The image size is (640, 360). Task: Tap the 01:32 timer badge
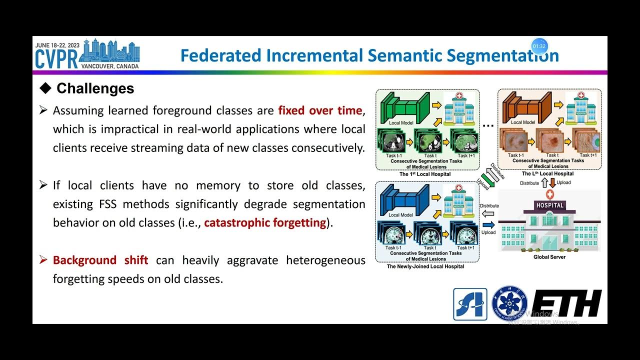(539, 46)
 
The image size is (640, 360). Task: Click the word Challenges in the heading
(95, 88)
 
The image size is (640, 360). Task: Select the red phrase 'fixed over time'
(320, 110)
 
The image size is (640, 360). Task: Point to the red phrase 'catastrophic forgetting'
(265, 222)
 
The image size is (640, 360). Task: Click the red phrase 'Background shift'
(100, 260)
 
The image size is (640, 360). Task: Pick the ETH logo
(566, 303)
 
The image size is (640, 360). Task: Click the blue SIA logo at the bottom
(470, 304)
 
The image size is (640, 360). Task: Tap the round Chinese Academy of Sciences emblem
(509, 303)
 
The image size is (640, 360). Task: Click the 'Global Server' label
(549, 257)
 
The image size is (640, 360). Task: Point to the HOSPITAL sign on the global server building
(549, 205)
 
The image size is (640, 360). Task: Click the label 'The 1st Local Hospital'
(425, 174)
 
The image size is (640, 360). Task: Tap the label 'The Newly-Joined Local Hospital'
(425, 266)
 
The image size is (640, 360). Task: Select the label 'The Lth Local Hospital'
(548, 173)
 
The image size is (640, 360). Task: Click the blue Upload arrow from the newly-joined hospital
(488, 224)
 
